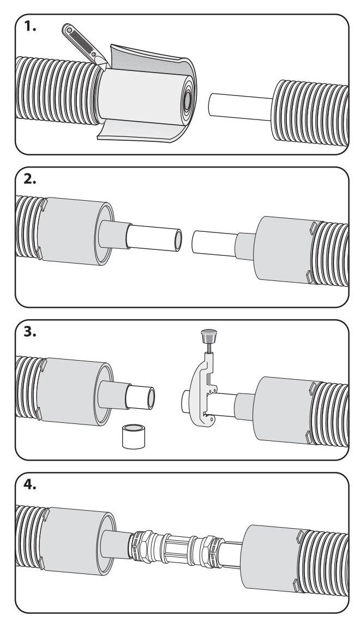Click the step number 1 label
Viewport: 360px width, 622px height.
[x=30, y=27]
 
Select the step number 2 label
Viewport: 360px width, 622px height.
[x=30, y=180]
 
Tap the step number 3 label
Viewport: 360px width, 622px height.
[x=30, y=332]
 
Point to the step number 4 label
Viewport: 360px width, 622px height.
[x=30, y=485]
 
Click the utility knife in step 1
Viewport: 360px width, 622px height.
[x=84, y=44]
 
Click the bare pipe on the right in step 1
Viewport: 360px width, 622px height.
[x=240, y=106]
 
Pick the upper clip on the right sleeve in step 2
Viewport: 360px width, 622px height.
[x=313, y=228]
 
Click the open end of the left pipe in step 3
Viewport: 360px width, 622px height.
[x=151, y=398]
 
